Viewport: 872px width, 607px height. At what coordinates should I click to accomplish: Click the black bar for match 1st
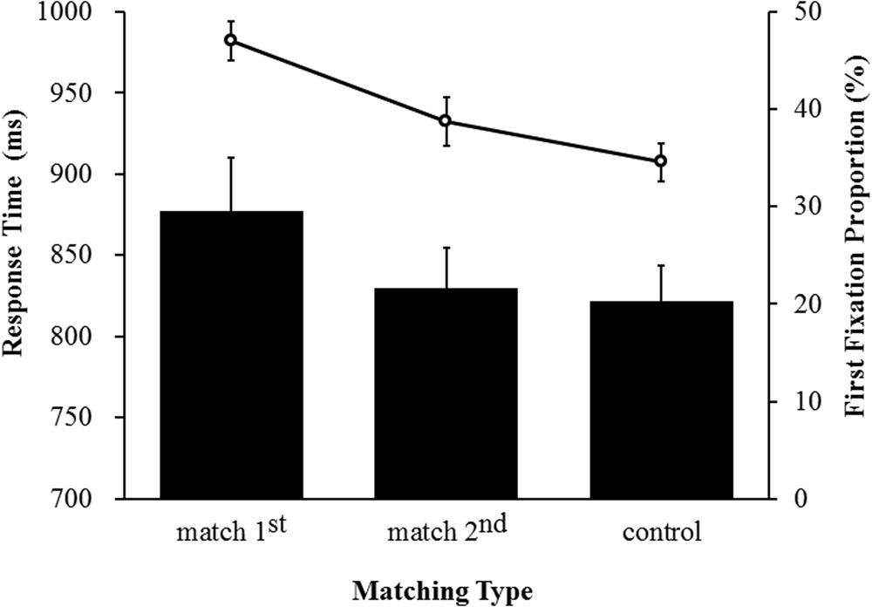(230, 354)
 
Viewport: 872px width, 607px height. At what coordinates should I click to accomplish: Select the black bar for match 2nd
(446, 392)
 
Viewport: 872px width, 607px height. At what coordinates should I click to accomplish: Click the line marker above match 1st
(230, 40)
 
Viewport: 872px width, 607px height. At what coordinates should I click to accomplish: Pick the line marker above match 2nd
(446, 120)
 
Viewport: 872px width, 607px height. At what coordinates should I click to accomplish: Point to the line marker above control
(661, 161)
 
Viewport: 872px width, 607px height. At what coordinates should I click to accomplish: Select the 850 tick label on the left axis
(87, 256)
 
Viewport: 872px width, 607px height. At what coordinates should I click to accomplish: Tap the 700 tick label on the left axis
(87, 499)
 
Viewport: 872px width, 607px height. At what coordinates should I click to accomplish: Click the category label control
(661, 532)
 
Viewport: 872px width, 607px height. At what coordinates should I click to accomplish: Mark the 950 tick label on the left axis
(87, 94)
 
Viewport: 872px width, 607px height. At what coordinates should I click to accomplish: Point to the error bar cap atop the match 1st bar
(230, 157)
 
